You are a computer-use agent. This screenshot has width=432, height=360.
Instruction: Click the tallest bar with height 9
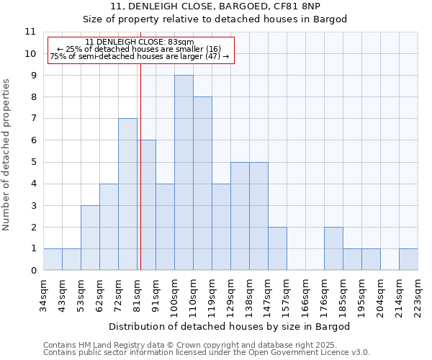click(x=184, y=173)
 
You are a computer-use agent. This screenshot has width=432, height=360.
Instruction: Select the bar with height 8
click(x=202, y=184)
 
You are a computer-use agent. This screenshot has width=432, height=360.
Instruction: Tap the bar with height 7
click(x=127, y=194)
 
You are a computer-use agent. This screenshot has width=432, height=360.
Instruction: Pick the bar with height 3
click(x=90, y=238)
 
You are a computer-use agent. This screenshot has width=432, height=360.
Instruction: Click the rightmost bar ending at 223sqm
click(x=408, y=259)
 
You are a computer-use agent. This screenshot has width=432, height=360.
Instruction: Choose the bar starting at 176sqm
click(x=333, y=248)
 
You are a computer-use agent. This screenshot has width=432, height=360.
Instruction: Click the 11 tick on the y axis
click(x=30, y=32)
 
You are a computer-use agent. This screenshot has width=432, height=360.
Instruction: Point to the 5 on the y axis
click(x=32, y=162)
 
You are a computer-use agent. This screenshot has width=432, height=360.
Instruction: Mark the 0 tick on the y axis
click(x=32, y=271)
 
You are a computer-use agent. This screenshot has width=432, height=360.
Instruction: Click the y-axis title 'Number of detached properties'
click(x=6, y=155)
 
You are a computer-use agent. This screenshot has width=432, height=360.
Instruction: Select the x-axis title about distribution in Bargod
click(x=230, y=326)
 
